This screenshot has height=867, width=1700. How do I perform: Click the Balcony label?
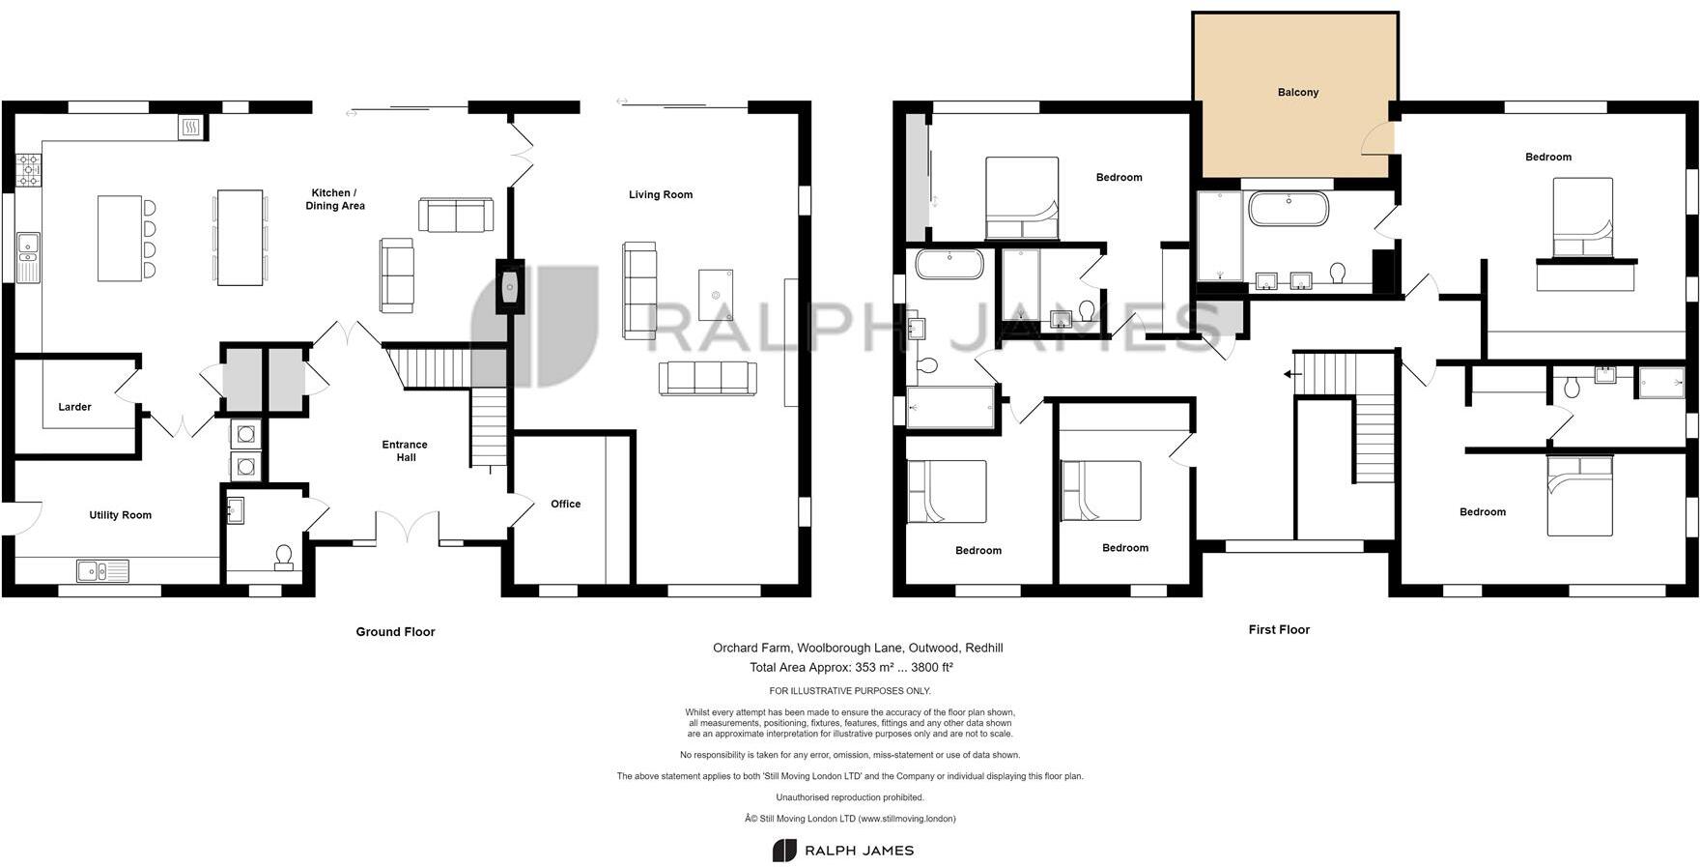click(x=1297, y=93)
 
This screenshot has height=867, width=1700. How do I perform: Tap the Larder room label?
click(x=74, y=407)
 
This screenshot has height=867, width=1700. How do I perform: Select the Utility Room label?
click(x=120, y=515)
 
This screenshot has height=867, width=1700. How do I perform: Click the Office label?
click(x=565, y=504)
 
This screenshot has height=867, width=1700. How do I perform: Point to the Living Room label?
click(x=660, y=195)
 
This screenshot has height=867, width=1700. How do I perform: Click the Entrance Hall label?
click(x=405, y=450)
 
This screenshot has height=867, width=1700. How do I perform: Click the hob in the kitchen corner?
click(x=28, y=170)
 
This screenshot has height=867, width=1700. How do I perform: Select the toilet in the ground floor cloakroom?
click(x=283, y=558)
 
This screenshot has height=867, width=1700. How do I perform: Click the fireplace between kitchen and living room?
click(x=510, y=286)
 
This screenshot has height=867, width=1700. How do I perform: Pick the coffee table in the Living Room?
click(x=715, y=295)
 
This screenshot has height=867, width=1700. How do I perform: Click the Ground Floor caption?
click(x=395, y=632)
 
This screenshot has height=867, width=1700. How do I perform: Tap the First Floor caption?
click(x=1279, y=629)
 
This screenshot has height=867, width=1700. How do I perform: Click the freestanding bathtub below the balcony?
click(x=1288, y=209)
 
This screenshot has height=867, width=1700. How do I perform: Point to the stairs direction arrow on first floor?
click(x=1288, y=374)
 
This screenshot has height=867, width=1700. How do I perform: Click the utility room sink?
click(x=103, y=571)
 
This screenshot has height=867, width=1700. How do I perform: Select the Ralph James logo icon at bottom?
click(x=783, y=851)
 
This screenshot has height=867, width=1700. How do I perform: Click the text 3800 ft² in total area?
click(x=925, y=667)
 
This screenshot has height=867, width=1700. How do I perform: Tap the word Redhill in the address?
click(x=983, y=648)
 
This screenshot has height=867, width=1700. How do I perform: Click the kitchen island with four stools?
click(x=120, y=238)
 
